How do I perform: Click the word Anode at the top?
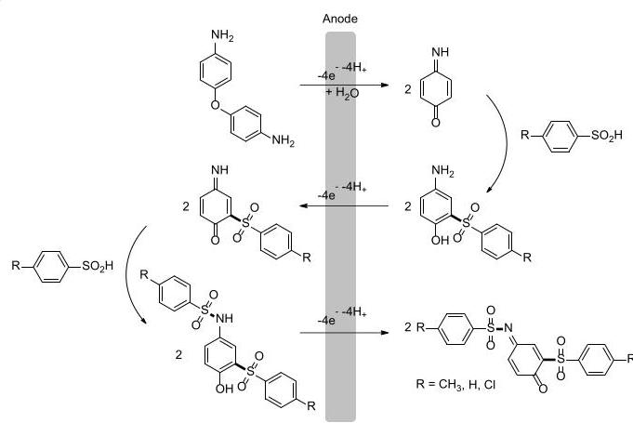340,19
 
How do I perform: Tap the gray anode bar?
341,227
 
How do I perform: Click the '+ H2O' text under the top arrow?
342,93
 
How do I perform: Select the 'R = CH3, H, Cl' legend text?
455,384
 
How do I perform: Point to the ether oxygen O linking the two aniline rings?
216,105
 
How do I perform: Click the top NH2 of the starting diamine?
222,35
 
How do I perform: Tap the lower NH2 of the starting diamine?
283,140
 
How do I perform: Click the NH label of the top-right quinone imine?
440,52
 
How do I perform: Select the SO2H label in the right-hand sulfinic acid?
607,136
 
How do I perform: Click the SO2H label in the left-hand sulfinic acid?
98,266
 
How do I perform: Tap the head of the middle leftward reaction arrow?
304,205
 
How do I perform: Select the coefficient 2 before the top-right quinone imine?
408,89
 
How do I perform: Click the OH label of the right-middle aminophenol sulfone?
440,240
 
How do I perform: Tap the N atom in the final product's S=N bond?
508,327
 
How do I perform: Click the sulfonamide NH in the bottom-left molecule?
224,319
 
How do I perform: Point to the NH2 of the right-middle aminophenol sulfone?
442,171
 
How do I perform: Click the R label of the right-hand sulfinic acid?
525,135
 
